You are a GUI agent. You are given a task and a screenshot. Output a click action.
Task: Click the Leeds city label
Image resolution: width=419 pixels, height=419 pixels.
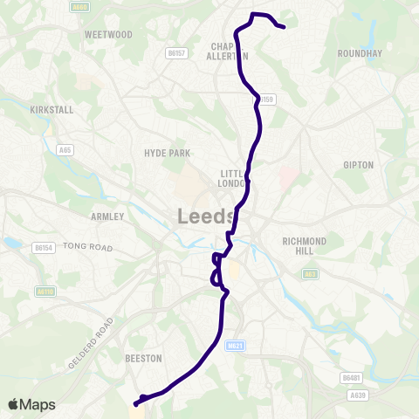[x=207, y=216]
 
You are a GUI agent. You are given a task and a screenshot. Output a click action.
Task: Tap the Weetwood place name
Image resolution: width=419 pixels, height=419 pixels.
[x=107, y=34]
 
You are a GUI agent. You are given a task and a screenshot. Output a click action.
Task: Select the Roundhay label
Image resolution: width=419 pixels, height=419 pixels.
[x=360, y=53]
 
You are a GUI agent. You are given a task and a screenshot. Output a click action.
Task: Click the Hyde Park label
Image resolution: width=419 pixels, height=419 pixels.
[x=167, y=153]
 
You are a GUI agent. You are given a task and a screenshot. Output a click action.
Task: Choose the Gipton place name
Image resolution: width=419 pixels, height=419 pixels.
[x=359, y=164]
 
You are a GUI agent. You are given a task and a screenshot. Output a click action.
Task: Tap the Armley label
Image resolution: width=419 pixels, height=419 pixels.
[x=108, y=216]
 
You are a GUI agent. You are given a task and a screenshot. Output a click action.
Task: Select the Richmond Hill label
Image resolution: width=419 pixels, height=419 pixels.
[x=305, y=246]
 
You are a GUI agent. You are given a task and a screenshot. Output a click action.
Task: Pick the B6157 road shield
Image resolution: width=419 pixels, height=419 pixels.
[x=176, y=53]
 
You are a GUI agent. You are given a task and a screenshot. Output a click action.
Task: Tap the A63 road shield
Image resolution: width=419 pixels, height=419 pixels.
[x=311, y=273]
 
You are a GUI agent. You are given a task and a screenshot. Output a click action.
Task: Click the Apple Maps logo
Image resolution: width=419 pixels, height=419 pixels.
[x=31, y=404]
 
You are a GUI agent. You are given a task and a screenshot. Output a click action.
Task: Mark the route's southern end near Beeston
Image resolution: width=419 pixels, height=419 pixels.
[x=136, y=403]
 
